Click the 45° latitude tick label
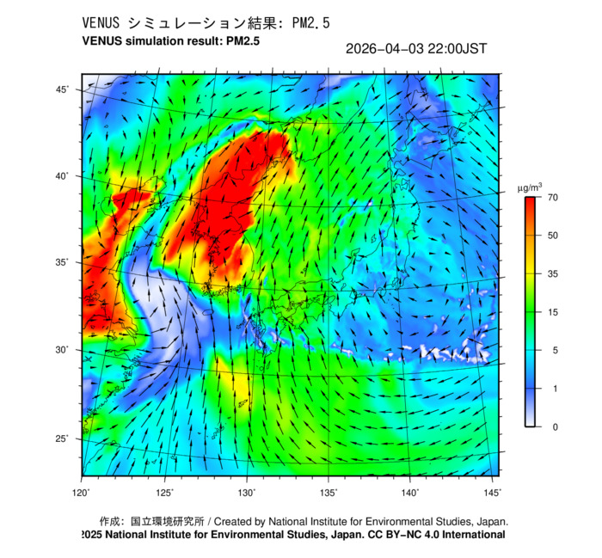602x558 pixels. pos(63,89)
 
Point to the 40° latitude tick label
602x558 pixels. pos(63,175)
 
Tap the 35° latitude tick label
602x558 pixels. pos(63,262)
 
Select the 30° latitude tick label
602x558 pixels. pos(63,350)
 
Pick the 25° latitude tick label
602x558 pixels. pos(63,438)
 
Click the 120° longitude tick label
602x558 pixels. pos(82,492)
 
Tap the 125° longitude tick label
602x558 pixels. pos(165,492)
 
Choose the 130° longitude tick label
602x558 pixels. pos(247,492)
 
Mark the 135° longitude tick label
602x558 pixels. pos(329,492)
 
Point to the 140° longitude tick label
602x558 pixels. pos(410,492)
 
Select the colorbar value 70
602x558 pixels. pos(554,198)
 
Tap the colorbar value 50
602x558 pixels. pos(554,236)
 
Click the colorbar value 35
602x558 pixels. pos(554,273)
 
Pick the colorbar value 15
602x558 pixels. pos(554,312)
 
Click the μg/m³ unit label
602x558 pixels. pos(529,187)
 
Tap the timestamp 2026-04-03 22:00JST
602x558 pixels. pos(416,49)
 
